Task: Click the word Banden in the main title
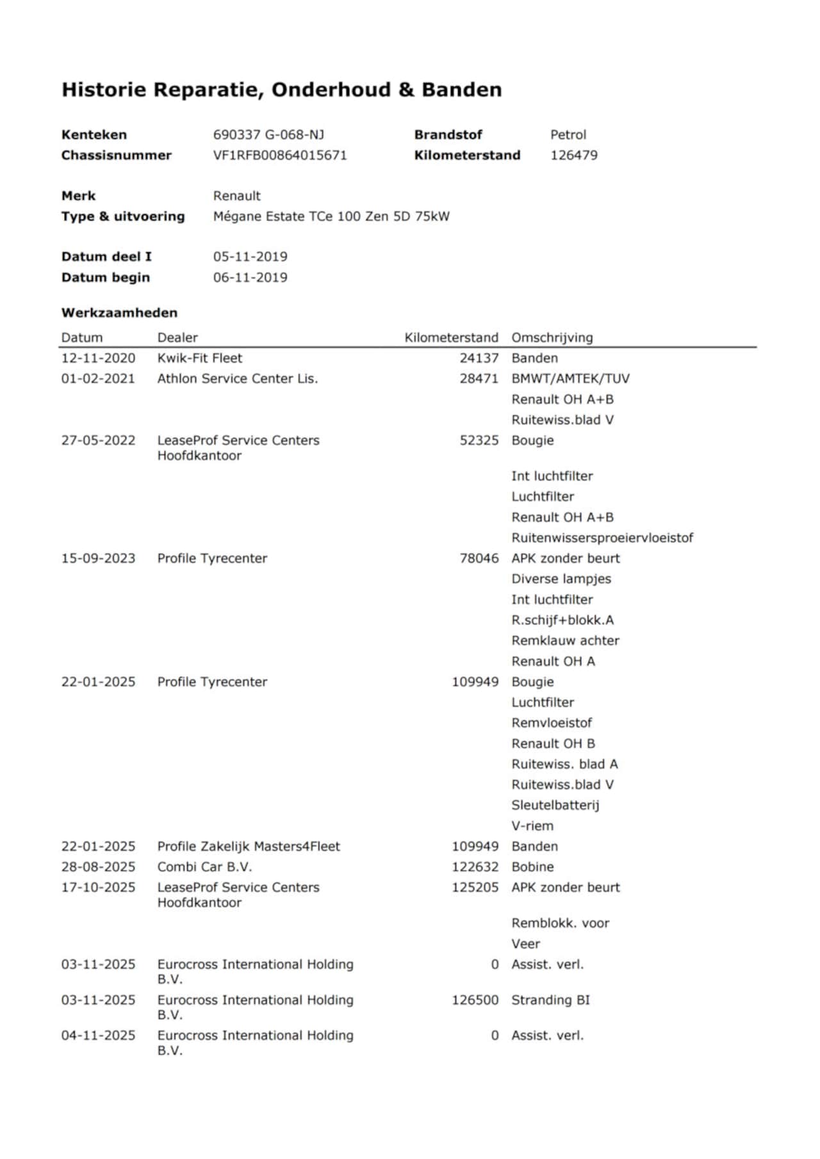[x=461, y=90]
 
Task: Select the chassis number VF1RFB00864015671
[x=280, y=155]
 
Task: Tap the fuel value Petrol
[x=568, y=134]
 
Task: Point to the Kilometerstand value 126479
[x=574, y=155]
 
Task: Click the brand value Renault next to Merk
[x=237, y=196]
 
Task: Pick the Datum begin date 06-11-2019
[x=250, y=277]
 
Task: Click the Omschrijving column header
[x=552, y=337]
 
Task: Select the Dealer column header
[x=177, y=337]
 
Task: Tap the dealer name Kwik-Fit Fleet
[x=200, y=358]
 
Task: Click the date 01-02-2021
[x=98, y=378]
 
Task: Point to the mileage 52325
[x=479, y=441]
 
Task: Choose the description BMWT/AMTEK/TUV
[x=570, y=378]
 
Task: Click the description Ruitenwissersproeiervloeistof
[x=602, y=538]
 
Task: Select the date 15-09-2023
[x=98, y=558]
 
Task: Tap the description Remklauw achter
[x=565, y=640]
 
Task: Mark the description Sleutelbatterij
[x=555, y=805]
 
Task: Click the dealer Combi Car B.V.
[x=205, y=867]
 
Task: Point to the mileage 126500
[x=475, y=1000]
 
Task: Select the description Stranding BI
[x=550, y=1000]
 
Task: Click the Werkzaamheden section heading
[x=119, y=313]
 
